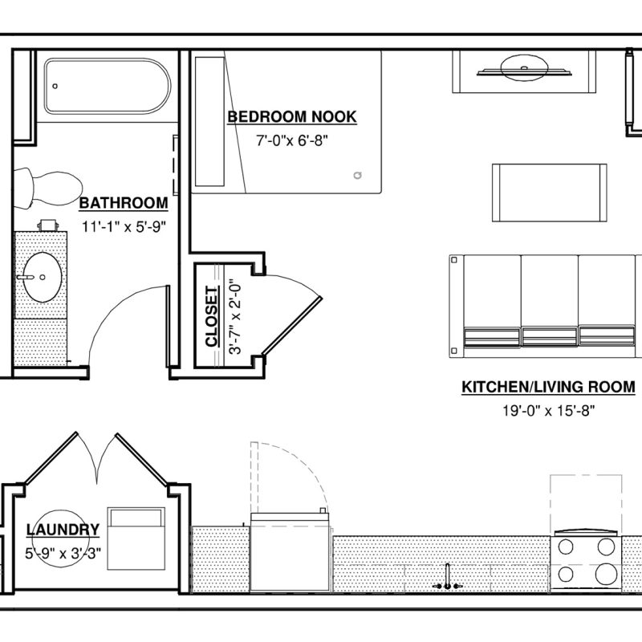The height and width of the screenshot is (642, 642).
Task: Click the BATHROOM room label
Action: [x=124, y=203]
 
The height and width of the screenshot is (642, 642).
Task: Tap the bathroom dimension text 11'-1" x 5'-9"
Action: [x=124, y=226]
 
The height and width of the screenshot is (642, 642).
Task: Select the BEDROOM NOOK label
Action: [x=292, y=116]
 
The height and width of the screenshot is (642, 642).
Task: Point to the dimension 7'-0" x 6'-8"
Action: [x=292, y=141]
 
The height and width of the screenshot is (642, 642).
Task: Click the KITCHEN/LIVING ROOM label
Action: [x=548, y=387]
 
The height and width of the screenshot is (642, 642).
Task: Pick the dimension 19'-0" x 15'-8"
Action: [x=549, y=410]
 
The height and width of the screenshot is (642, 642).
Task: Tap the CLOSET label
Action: [x=212, y=316]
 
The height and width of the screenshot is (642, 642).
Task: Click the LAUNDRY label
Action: [x=63, y=530]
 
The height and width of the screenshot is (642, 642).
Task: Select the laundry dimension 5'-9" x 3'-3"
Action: [x=63, y=553]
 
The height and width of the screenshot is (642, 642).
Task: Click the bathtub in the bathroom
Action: [x=108, y=86]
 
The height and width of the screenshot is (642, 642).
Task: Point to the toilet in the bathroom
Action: [x=47, y=189]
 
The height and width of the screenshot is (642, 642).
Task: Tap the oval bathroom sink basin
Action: [x=42, y=277]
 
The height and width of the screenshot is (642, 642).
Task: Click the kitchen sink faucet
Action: [x=448, y=578]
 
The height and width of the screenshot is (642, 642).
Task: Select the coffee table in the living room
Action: [x=549, y=193]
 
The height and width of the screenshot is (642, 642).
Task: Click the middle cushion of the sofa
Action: [x=550, y=302]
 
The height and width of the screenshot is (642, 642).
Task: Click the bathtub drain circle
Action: [x=55, y=86]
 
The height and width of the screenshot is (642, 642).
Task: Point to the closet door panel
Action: [x=292, y=326]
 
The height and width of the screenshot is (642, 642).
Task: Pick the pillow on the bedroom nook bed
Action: [x=209, y=122]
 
